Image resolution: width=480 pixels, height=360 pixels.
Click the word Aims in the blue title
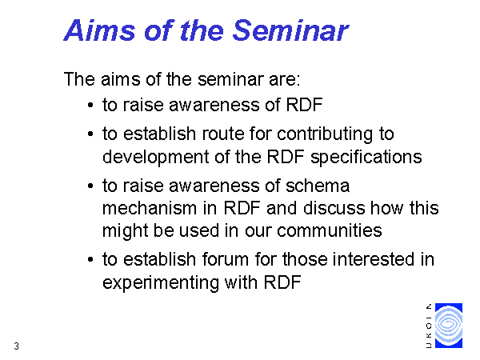click(99, 30)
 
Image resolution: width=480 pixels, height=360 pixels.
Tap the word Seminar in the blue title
click(290, 30)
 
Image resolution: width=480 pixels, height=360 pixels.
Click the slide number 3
click(16, 346)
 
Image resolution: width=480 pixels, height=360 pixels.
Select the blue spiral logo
click(449, 326)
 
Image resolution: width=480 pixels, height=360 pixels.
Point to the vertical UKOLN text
click(429, 326)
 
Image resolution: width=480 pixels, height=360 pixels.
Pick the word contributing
click(325, 134)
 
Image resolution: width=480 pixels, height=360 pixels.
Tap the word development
click(155, 158)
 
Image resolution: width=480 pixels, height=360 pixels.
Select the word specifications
click(366, 158)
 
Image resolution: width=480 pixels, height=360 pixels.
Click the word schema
click(318, 186)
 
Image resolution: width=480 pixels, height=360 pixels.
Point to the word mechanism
click(149, 208)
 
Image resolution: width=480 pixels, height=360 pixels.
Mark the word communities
click(330, 230)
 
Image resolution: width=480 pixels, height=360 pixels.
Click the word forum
click(226, 259)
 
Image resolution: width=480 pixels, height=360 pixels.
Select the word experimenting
click(161, 283)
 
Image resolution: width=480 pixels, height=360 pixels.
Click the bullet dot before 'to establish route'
click(90, 134)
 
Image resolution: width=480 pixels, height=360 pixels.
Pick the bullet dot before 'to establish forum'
click(90, 259)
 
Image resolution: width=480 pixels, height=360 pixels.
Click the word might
click(125, 231)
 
